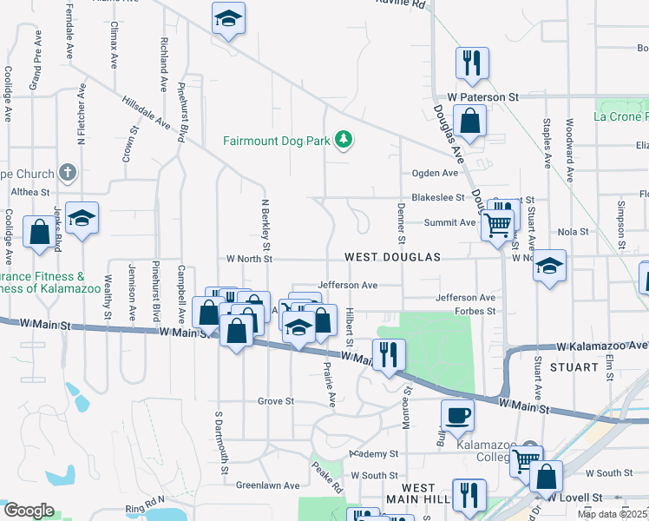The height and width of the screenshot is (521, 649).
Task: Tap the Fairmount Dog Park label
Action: coord(278,140)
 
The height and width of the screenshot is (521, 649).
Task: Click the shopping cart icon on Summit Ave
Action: coord(497,224)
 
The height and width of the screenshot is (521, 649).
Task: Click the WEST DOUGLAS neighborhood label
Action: coord(393,258)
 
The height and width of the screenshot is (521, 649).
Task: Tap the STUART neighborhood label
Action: coord(574,367)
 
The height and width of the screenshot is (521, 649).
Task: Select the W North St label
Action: coord(249,259)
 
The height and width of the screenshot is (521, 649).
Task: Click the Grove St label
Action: coord(276,401)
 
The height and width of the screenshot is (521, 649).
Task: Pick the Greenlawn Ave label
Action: coord(267,485)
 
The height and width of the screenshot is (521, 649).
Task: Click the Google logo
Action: coord(29,511)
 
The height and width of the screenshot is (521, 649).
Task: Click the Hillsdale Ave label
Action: coord(145,112)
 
